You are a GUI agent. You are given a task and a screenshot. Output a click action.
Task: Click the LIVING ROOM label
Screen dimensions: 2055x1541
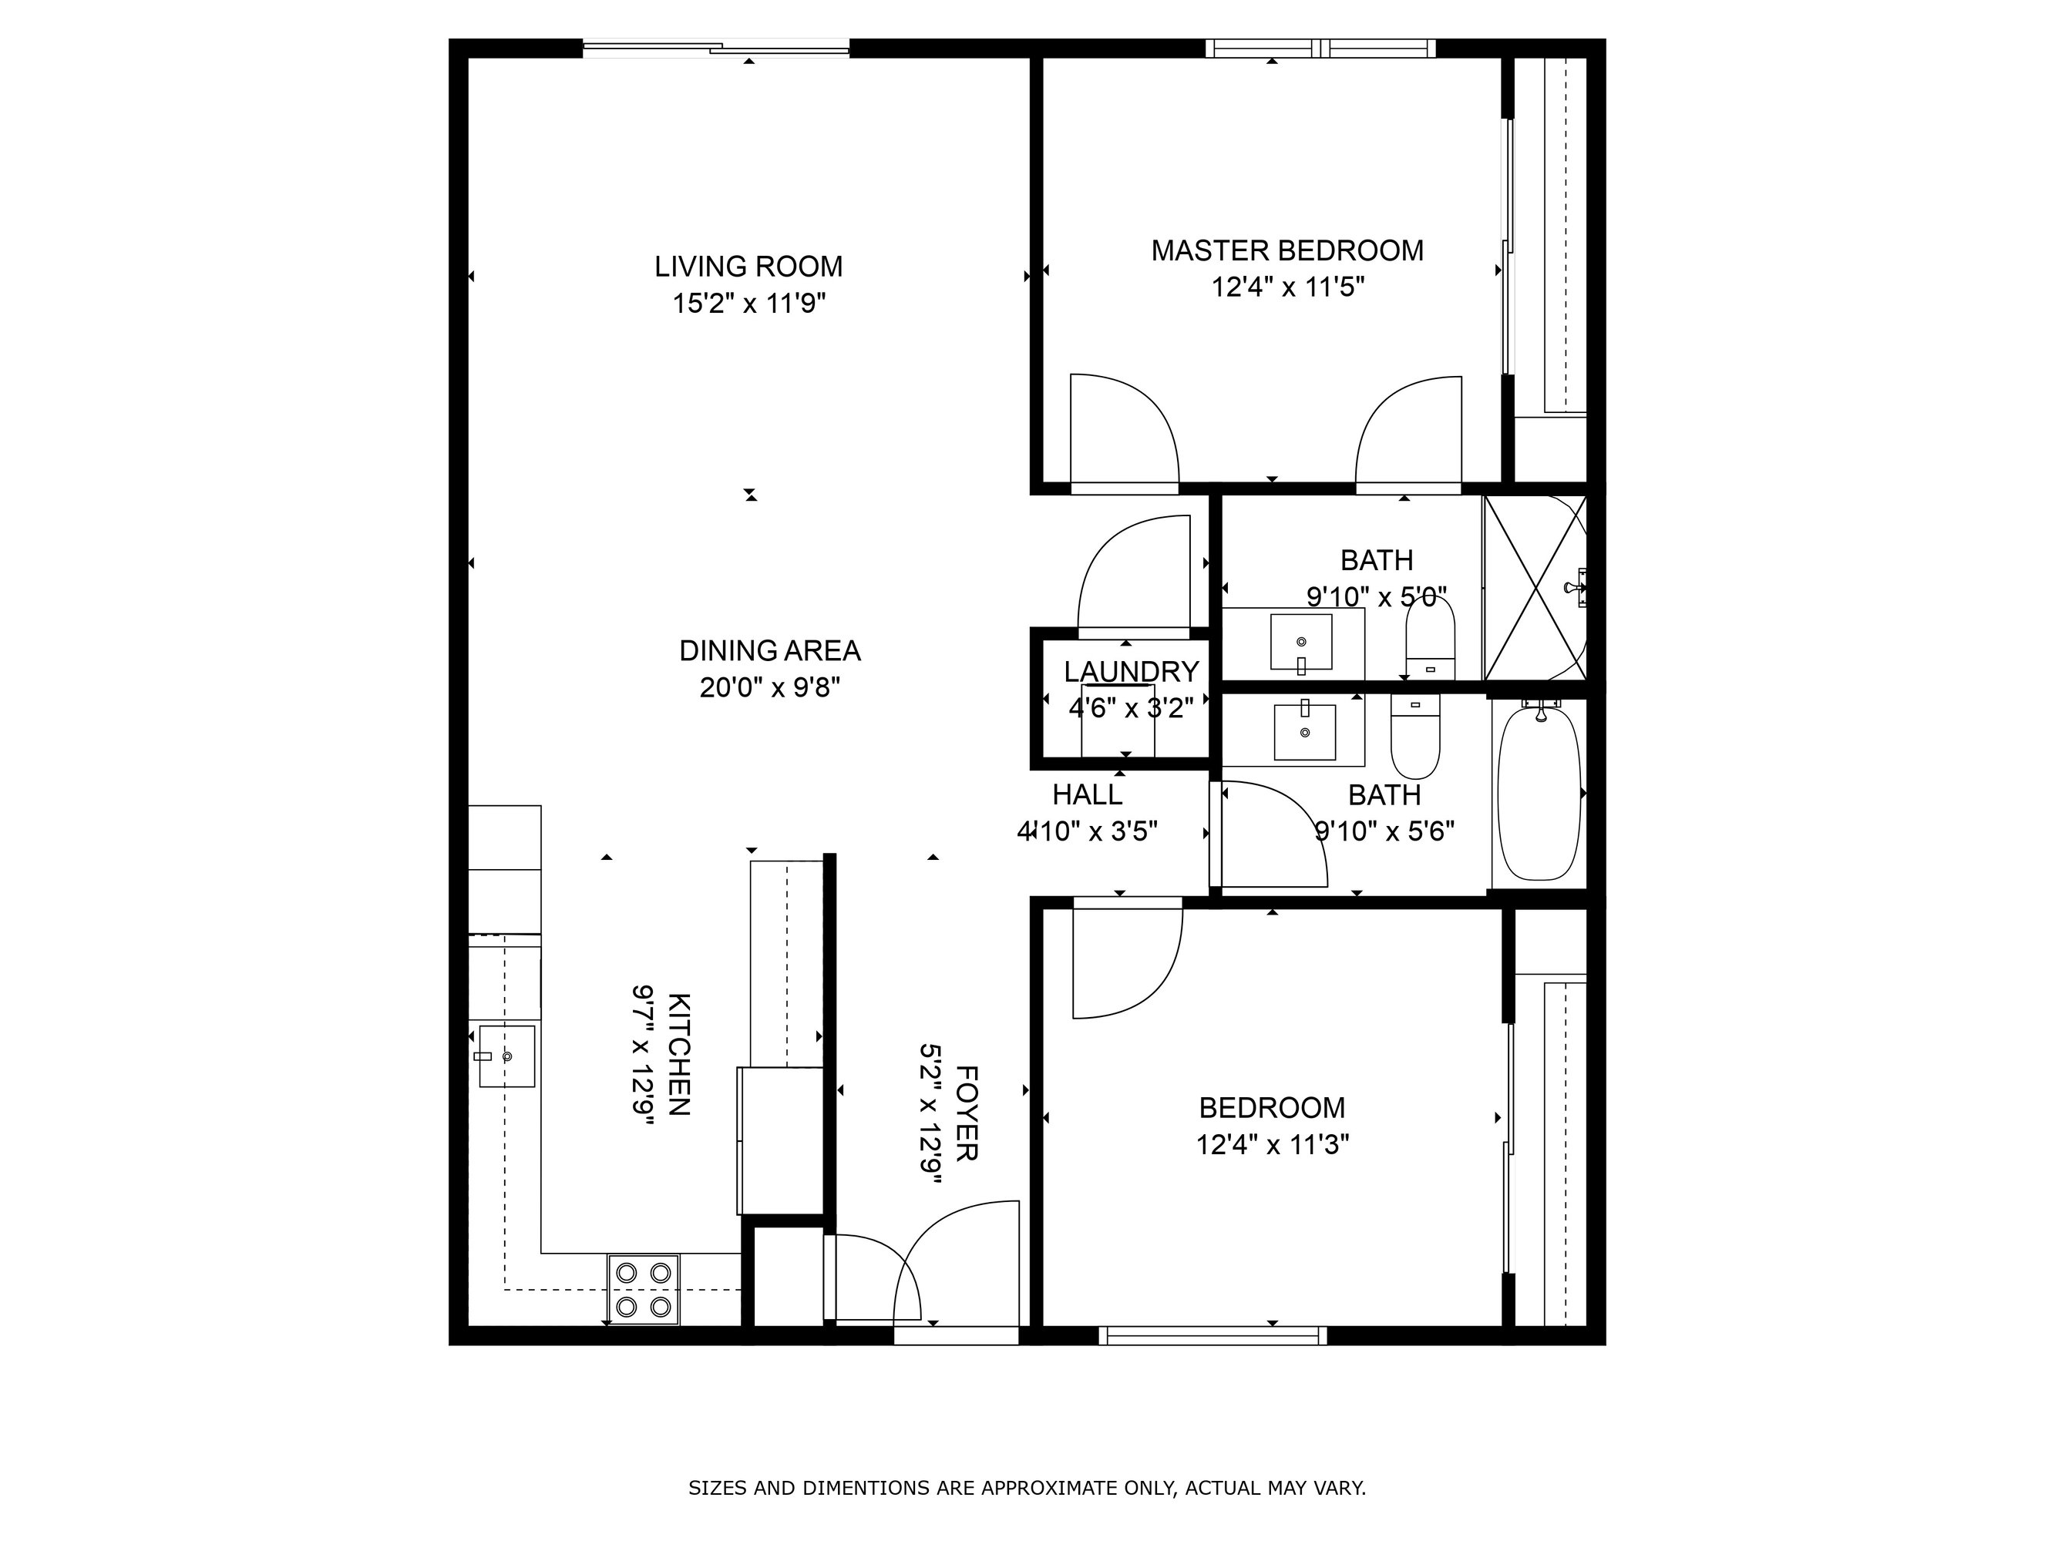coord(748,267)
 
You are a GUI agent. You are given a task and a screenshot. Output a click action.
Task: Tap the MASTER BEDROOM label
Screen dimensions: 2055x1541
coord(1287,250)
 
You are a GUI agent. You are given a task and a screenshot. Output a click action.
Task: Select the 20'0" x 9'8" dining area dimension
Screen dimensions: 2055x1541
coord(770,687)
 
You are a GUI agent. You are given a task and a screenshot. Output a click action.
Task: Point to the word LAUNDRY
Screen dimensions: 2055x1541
coord(1132,672)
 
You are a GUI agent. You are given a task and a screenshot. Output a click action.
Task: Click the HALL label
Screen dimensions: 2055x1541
coord(1088,794)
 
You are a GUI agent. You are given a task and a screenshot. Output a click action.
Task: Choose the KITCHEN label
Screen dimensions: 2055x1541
coord(679,1054)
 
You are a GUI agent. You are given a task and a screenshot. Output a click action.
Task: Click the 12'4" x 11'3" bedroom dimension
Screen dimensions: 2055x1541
coord(1273,1144)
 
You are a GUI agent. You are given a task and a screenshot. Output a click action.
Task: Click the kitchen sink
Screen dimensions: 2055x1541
coord(506,1056)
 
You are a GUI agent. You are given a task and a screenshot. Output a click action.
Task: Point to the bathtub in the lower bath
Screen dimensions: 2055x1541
coord(1539,792)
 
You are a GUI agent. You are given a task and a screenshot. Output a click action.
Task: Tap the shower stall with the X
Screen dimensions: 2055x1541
coord(1534,588)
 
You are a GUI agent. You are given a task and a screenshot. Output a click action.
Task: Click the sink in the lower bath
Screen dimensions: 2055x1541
coord(1305,731)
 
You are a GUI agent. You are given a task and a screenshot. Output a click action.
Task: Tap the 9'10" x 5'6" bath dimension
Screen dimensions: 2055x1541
coord(1385,831)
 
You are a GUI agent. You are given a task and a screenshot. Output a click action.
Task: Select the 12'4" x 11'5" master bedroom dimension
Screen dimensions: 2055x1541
coord(1287,287)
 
